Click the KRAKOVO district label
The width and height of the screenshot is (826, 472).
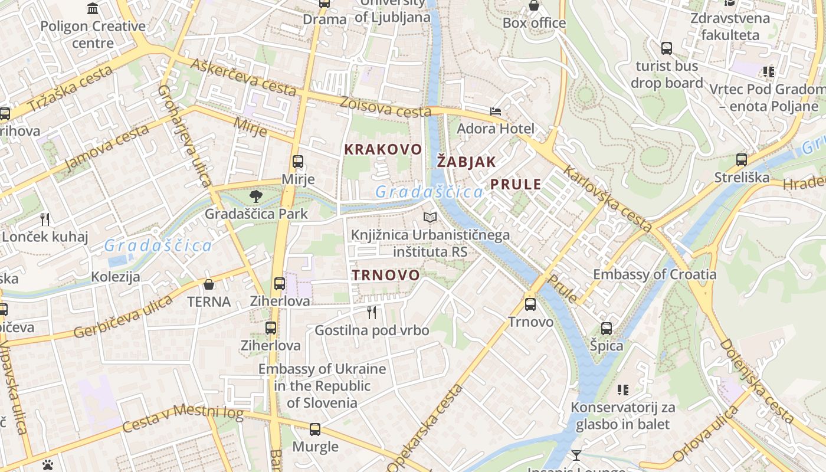(383, 149)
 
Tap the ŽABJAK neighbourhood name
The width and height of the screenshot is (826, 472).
(466, 162)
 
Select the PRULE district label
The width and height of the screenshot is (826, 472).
(516, 184)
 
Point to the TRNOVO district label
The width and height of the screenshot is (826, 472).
(386, 275)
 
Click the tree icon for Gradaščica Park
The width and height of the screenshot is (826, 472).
(255, 196)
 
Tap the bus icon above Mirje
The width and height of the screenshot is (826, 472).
(298, 161)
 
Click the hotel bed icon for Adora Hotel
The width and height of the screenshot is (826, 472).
(496, 112)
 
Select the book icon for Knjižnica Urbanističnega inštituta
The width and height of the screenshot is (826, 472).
(431, 218)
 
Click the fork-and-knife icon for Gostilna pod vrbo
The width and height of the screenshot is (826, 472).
(372, 312)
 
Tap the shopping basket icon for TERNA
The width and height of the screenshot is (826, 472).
(209, 284)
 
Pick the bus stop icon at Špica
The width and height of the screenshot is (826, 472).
(607, 329)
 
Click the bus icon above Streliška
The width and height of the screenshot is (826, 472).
(742, 160)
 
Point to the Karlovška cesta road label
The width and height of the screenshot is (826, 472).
(608, 198)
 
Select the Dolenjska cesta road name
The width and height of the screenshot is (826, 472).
(757, 381)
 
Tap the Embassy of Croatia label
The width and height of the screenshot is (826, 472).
(654, 274)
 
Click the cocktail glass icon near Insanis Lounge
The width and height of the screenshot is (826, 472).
(576, 455)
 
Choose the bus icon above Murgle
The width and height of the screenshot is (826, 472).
(315, 430)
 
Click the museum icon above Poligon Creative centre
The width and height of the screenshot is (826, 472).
(93, 9)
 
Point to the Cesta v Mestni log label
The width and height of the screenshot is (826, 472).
(183, 418)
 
